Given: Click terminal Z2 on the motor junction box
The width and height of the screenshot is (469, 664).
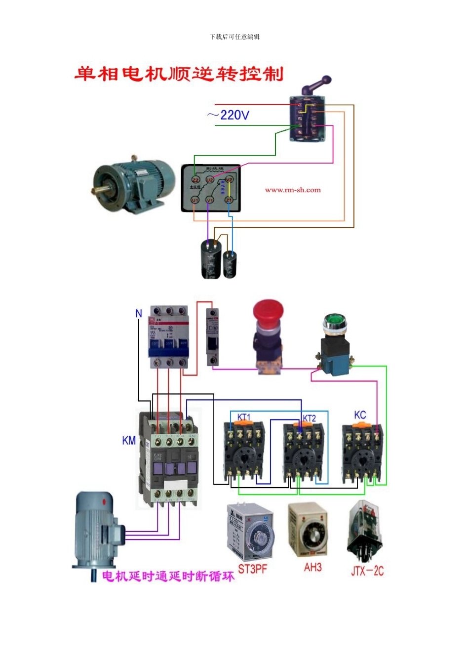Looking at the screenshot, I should coord(195,180).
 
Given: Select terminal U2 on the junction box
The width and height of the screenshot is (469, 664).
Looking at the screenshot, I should coord(210,180).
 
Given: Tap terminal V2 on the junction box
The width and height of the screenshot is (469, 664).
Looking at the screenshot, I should coord(229,180).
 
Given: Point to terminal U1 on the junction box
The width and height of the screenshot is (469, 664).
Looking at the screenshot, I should coord(195,200).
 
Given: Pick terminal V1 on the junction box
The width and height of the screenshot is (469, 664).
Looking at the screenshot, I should coord(210,200).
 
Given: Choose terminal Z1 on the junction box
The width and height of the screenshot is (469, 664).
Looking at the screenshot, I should coord(229,200).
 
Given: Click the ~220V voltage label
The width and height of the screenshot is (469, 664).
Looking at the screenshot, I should coord(229,115).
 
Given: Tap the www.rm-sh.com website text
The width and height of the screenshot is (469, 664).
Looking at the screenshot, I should coord(292,190).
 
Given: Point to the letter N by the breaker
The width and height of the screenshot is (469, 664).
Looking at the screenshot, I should coord(139,313).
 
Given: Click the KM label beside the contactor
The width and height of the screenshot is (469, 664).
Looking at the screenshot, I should coord(129,440).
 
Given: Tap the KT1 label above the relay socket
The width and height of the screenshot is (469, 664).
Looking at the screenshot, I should coord(244,417).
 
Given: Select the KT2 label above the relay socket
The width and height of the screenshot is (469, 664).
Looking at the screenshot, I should coord(309,418).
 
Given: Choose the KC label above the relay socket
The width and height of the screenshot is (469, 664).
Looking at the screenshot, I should coord(360,415).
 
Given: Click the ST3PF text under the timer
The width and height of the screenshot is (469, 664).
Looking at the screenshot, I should coord(252,569).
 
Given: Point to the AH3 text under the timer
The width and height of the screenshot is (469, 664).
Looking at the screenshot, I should coord(313,567).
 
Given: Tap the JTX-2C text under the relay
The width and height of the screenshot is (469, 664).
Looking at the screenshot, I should coord(367,571).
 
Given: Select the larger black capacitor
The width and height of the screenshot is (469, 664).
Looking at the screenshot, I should coord(211,259).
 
